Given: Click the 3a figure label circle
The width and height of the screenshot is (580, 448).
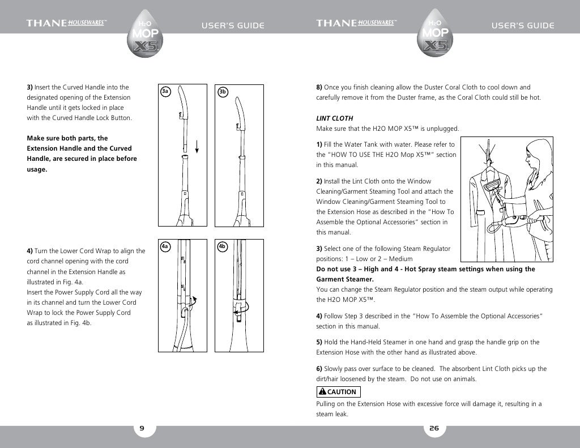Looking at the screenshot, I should [165, 91].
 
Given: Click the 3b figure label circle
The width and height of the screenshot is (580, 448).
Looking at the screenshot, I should [223, 91].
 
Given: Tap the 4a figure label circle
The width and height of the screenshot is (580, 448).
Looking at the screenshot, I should [165, 246].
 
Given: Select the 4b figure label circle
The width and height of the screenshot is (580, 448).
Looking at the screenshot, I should [223, 246].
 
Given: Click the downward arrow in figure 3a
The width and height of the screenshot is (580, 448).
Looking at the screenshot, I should [197, 147].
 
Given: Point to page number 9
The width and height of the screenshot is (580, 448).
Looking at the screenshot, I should [143, 429].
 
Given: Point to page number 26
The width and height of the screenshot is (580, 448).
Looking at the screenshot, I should [434, 429].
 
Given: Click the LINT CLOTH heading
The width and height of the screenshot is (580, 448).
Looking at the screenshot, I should [334, 118].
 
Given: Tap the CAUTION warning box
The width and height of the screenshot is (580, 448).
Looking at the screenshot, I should [338, 392].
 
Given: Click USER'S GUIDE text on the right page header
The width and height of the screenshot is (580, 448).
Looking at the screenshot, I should [522, 25].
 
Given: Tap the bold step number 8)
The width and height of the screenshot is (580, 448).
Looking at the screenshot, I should [319, 87].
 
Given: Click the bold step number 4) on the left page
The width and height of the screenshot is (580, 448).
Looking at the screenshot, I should [30, 251].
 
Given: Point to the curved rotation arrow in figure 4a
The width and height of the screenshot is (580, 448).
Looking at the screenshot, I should [195, 301].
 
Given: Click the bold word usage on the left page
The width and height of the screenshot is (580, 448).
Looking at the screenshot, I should [37, 169].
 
